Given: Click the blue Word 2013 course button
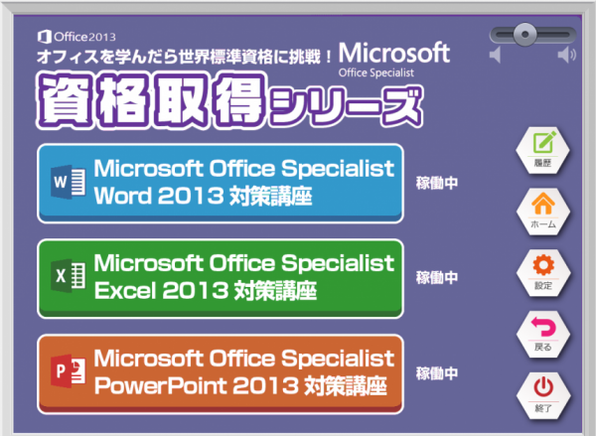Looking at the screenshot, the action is coord(221,183).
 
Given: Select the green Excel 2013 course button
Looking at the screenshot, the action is coord(221,279).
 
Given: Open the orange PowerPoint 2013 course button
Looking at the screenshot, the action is coord(221,374).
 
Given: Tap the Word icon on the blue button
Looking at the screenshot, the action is coord(69,182).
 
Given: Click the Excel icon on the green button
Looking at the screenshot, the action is coord(69,276).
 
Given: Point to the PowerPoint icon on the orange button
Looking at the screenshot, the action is coord(69,371).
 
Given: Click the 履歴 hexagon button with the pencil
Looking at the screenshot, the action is coord(542,151).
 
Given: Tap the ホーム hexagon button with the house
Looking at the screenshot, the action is coord(543,212).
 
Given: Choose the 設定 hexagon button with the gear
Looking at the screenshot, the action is coord(543,273).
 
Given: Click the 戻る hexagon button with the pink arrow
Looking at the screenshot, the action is coord(543,334).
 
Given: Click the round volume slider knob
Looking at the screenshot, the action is coord(524,34).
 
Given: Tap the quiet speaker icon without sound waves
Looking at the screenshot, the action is coord(495,55).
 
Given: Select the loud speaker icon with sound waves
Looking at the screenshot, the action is coord(567,55).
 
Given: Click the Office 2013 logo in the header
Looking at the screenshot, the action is coord(76,37).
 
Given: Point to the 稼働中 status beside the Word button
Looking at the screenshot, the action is coord(437,183).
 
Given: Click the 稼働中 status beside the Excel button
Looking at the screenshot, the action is coord(437,278).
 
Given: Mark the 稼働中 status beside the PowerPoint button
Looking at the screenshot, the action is coord(437,373).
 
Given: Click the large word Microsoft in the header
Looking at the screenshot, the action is coord(394,53).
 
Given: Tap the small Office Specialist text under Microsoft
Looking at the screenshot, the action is coord(375,73).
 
